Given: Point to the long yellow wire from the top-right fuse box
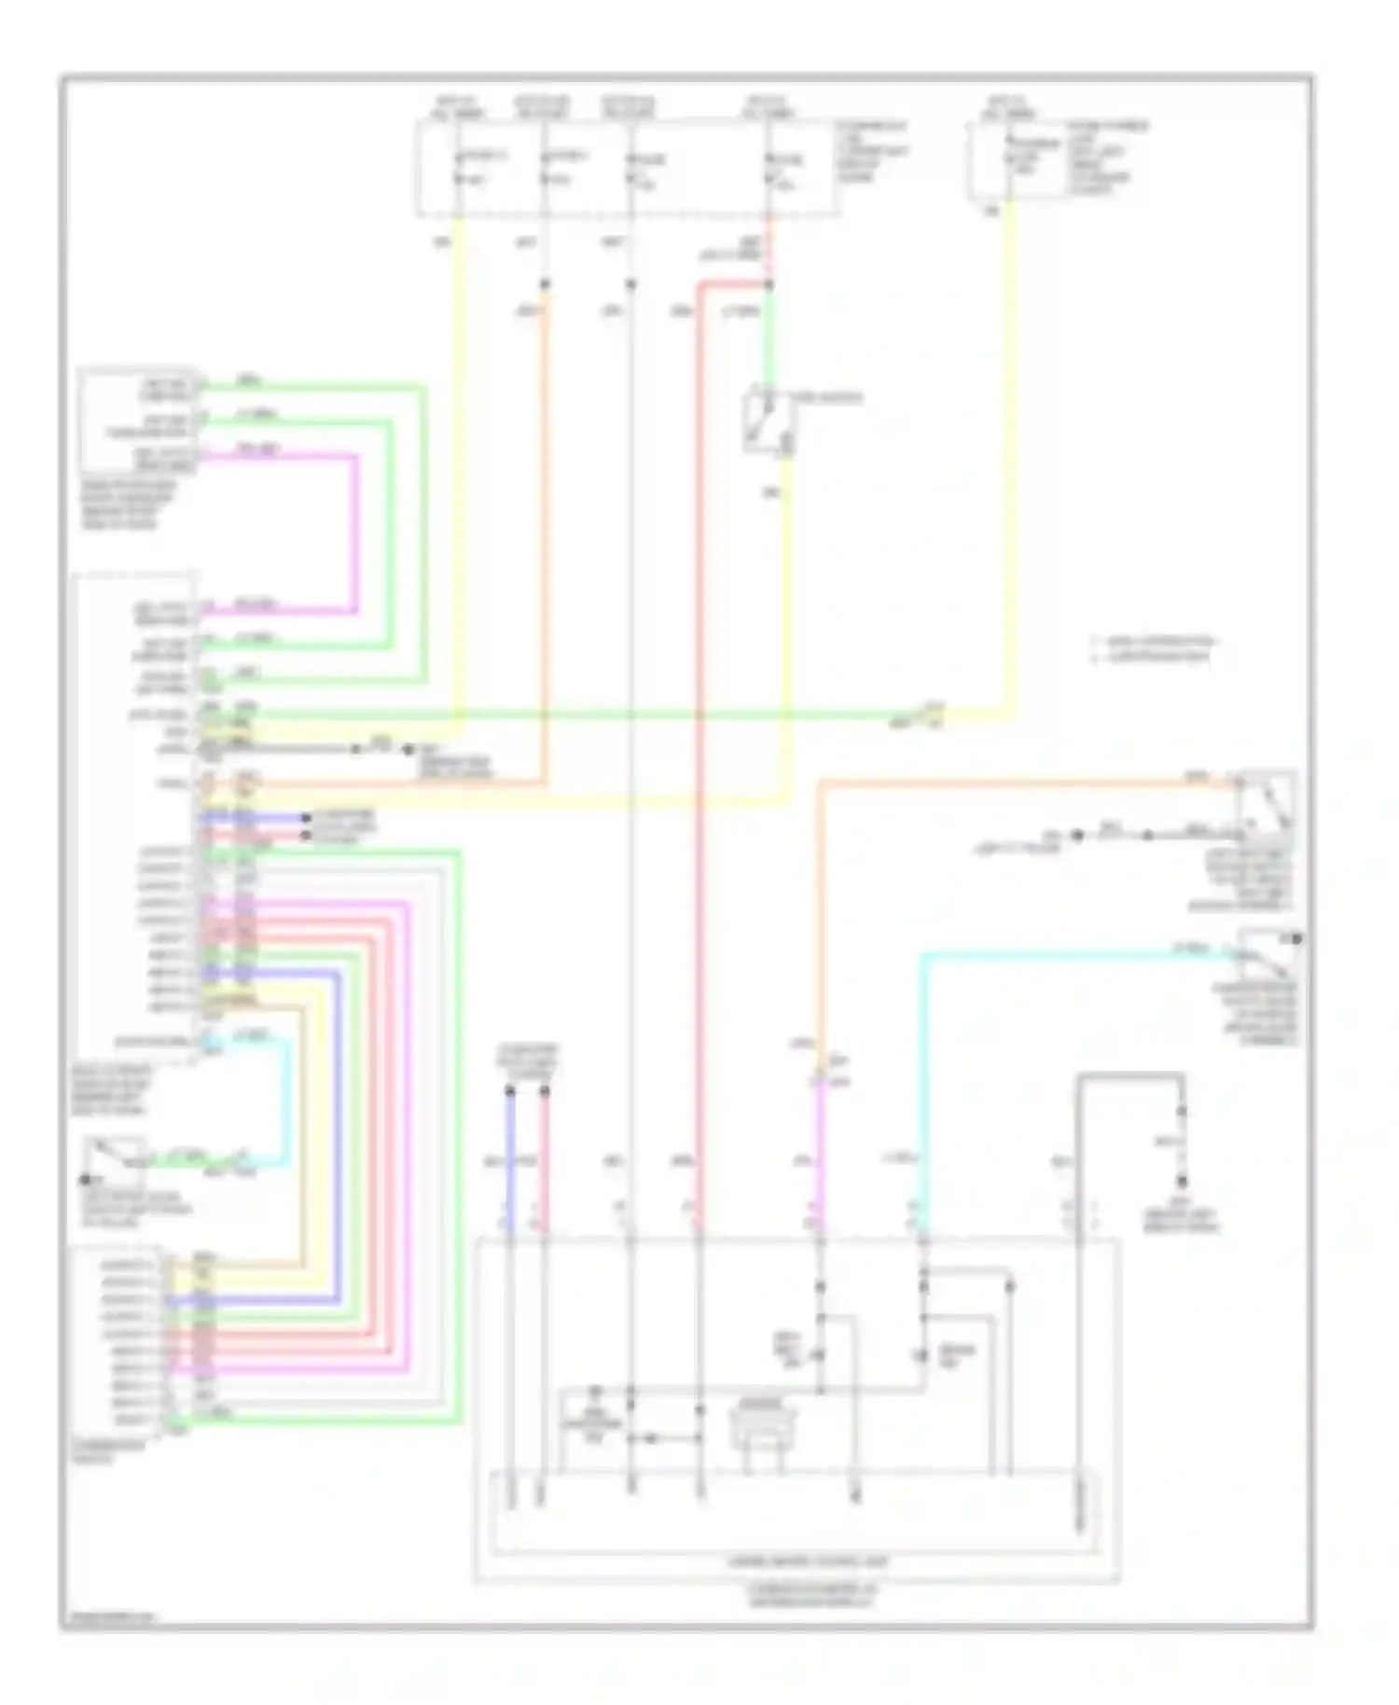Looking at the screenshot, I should (1009, 466).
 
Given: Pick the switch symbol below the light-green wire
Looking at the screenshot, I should (769, 422).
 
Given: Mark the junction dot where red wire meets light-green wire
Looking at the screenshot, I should (769, 284).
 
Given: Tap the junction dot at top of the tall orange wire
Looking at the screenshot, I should (545, 284).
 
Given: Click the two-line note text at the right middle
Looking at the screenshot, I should (1155, 649).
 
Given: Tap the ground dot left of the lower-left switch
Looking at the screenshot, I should (86, 1179).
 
